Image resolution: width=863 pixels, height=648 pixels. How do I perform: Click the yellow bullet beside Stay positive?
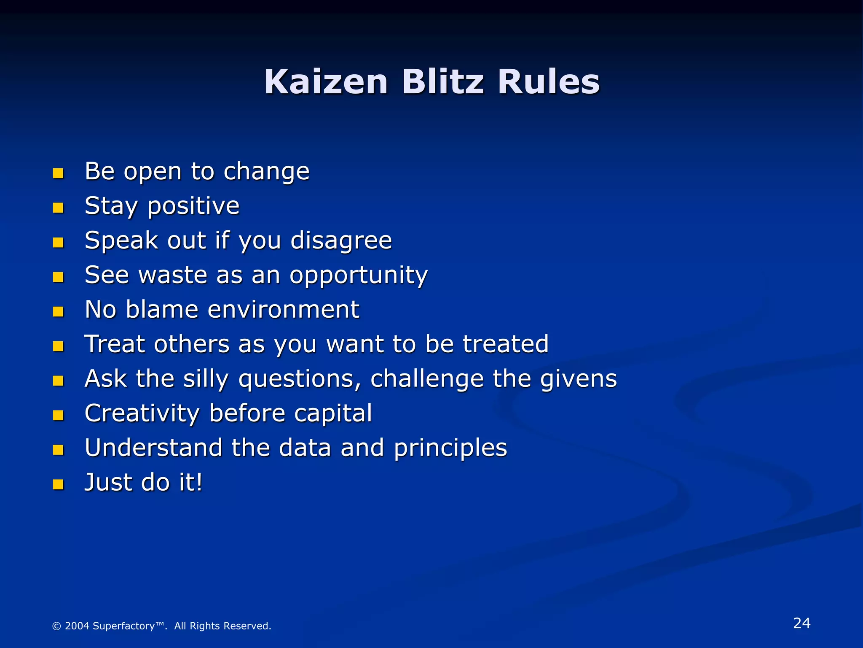coord(58,208)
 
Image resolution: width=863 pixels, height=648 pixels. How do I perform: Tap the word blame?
coord(162,309)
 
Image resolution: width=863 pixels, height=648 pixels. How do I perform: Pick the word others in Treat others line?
coord(192,344)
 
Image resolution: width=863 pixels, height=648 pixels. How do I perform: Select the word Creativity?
coord(142,413)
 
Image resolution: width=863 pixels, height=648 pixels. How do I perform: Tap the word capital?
coord(333,414)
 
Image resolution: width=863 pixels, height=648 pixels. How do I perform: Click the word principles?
coord(450,448)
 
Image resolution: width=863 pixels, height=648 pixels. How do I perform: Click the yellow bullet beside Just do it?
coord(58,484)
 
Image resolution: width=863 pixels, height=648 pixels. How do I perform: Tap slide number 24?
coord(801,623)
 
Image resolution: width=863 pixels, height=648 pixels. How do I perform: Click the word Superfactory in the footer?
coord(123,626)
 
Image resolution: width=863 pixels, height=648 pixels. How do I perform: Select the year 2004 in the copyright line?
coord(77,626)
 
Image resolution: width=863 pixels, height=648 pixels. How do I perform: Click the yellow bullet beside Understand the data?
coord(58,450)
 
